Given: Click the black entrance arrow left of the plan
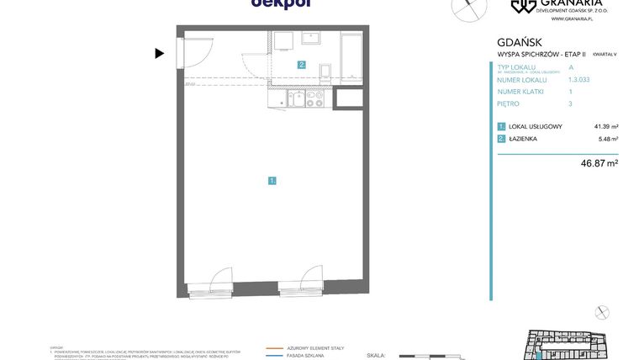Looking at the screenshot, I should coord(159,54).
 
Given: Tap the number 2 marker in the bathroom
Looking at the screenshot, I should coord(301,65).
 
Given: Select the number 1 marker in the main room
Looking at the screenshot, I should coord(272,180).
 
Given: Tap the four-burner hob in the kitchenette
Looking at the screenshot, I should coord(314,99).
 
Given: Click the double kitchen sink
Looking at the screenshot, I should coord(296,99).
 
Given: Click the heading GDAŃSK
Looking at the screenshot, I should coord(519,42).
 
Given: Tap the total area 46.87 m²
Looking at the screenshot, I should coord(599,163).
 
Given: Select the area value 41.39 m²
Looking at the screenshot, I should coord(605,126).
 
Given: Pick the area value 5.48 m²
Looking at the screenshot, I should coord(608,139).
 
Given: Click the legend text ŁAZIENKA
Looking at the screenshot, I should coord(522,139).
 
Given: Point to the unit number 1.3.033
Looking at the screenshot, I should coord(579,79).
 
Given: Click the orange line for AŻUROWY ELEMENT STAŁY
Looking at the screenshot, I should coord(274,347).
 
